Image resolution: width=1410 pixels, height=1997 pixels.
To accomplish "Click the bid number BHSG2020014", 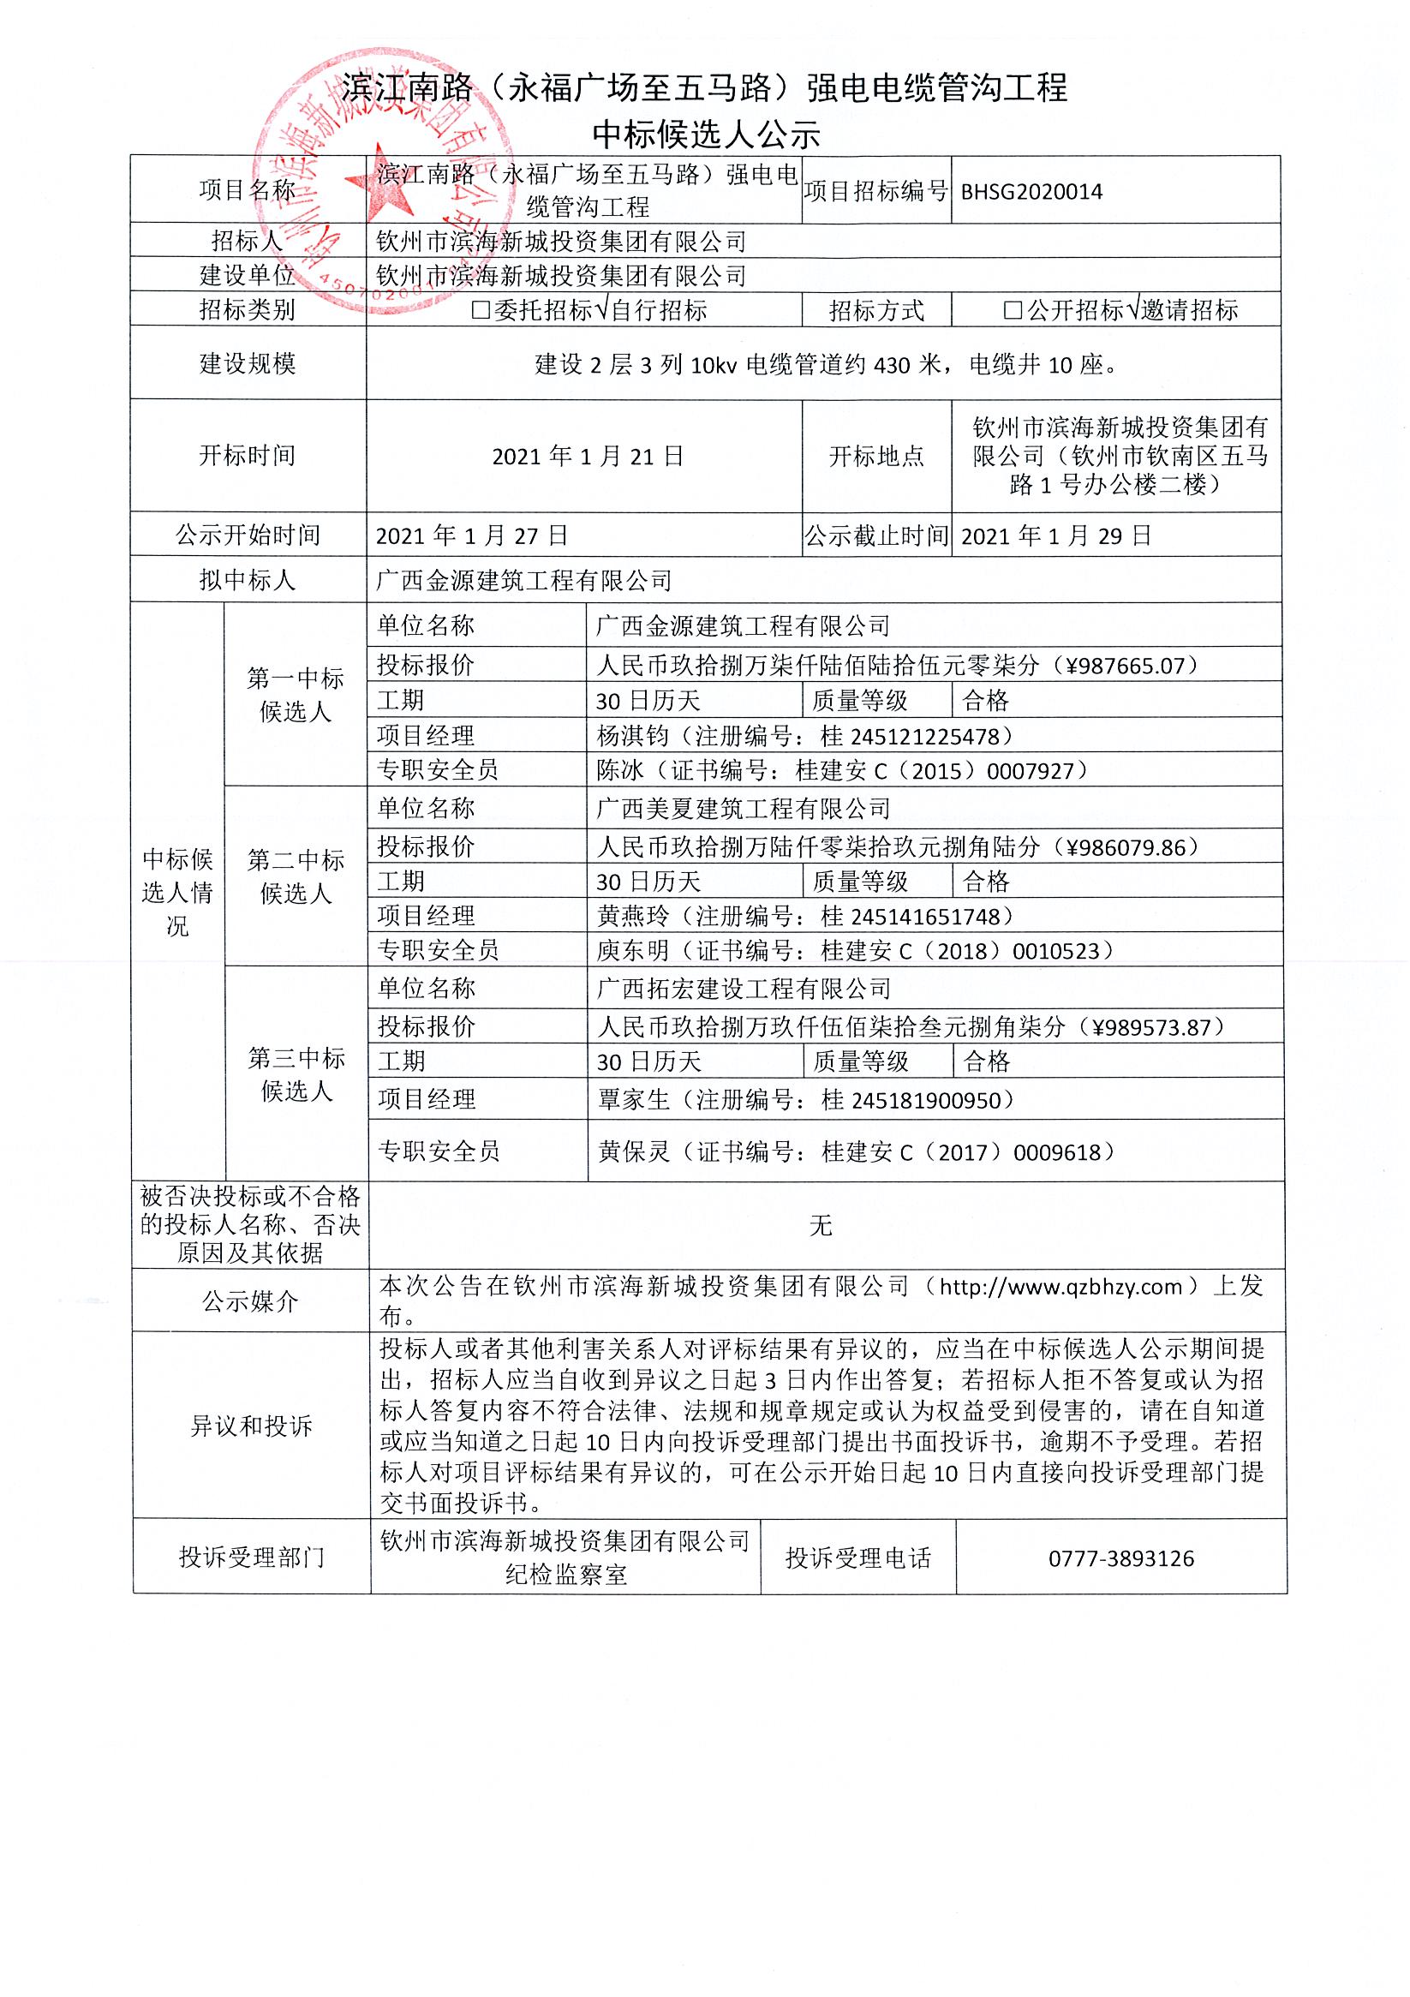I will (1031, 191).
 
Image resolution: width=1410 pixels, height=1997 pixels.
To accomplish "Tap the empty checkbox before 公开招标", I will (1013, 310).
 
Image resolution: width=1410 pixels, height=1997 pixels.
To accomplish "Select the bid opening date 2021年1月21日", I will (588, 456).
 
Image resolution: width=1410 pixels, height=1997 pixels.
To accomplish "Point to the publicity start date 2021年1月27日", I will (471, 535).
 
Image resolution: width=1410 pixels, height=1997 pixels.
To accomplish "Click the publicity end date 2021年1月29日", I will (1056, 535).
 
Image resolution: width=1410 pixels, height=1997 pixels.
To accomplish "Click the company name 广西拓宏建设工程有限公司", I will (744, 988).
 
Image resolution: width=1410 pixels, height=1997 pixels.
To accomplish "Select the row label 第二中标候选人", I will (296, 876).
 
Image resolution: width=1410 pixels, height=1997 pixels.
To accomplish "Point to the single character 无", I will (822, 1225).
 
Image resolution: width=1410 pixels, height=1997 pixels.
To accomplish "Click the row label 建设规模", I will (248, 362).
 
